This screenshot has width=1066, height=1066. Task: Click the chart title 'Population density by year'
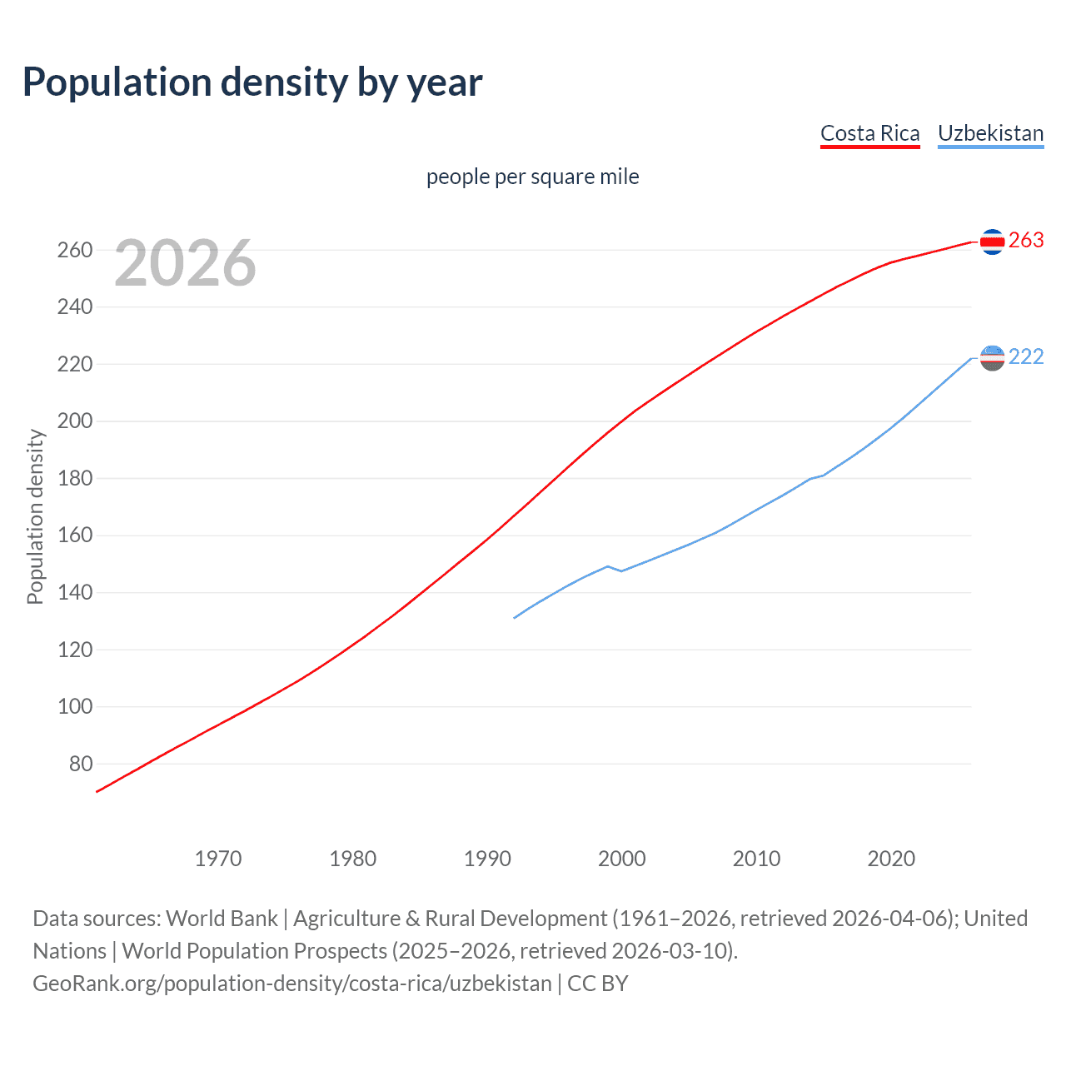[252, 82]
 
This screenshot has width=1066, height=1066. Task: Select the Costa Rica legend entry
[869, 133]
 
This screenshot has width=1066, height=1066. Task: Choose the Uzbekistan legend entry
[990, 133]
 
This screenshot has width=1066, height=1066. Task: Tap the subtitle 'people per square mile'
[532, 177]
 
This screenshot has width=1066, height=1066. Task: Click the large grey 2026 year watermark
[185, 263]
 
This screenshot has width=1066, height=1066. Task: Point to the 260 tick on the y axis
[74, 250]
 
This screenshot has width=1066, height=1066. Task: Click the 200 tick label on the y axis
[74, 421]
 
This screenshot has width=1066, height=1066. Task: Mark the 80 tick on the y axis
[80, 764]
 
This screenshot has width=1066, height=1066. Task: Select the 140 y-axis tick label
[74, 593]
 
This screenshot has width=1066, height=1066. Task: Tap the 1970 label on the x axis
[218, 859]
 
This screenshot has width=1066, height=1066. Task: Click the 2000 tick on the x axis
[621, 859]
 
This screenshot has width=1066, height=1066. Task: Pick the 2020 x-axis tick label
[891, 859]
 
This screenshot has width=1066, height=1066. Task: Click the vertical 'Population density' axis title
[35, 516]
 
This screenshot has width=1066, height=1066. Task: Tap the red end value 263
[1026, 241]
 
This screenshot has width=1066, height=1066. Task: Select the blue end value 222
[1026, 357]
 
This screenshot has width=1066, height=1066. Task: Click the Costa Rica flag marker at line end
[992, 242]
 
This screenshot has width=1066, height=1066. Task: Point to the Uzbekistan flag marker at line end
[992, 358]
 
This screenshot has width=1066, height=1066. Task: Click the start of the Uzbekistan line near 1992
[515, 618]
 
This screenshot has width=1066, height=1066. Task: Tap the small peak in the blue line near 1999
[607, 566]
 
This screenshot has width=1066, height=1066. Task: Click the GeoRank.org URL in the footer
[292, 984]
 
